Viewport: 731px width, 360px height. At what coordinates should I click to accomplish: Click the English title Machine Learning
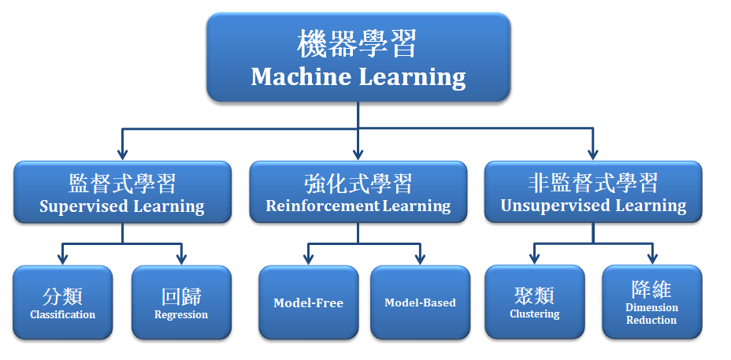[x=358, y=77]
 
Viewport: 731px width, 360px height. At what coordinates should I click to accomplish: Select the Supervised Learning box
[x=123, y=191]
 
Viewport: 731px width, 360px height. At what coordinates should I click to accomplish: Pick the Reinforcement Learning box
[x=358, y=191]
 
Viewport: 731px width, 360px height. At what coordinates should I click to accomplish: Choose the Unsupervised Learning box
[x=593, y=191]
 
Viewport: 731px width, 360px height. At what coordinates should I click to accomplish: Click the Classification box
[x=63, y=302]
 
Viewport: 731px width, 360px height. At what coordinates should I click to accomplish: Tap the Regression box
[x=181, y=302]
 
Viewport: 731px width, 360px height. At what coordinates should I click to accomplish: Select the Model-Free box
[x=309, y=302]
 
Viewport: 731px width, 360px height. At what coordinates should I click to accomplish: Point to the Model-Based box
[x=421, y=302]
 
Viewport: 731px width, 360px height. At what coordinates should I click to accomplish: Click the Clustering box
[x=535, y=302]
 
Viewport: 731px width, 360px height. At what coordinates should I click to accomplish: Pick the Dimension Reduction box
[x=652, y=302]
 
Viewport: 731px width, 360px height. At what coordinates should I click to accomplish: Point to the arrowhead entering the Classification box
[x=63, y=259]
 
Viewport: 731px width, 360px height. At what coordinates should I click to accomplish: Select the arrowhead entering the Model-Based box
[x=421, y=259]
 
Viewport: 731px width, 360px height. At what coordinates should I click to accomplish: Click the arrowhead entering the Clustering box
[x=535, y=259]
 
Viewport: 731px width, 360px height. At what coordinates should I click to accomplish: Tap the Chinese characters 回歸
[x=181, y=296]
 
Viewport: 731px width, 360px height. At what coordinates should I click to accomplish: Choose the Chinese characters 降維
[x=651, y=289]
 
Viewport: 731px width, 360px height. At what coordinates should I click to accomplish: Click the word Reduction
[x=651, y=321]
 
